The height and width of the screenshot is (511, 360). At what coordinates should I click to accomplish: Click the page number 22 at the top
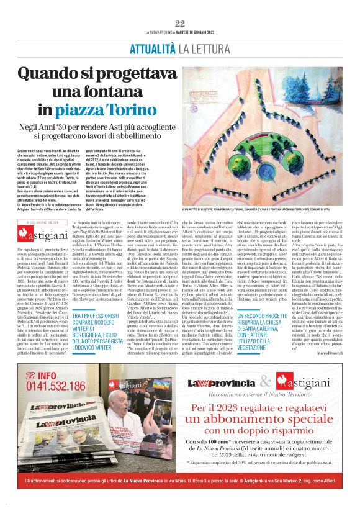(x=180, y=24)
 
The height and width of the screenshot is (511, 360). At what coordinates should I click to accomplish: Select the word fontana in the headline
(x=133, y=92)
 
